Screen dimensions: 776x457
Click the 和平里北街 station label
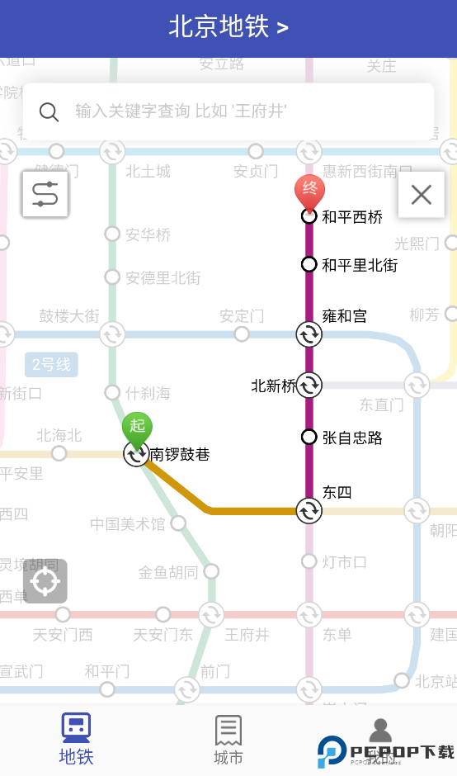[x=360, y=265]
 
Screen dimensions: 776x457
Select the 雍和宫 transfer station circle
[x=309, y=334]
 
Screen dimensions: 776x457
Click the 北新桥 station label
[x=273, y=386]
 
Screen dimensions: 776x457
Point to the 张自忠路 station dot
[x=309, y=437]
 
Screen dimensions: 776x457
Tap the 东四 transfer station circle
[x=309, y=510]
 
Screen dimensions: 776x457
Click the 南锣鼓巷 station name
[x=180, y=454]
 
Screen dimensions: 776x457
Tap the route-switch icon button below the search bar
[x=45, y=194]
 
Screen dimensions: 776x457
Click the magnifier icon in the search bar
[x=49, y=111]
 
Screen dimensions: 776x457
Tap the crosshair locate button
[x=45, y=581]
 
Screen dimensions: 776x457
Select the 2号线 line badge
[x=51, y=364]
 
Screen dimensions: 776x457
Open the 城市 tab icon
[x=228, y=730]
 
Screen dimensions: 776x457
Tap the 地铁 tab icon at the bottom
[x=76, y=728]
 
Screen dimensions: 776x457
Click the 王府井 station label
[x=247, y=635]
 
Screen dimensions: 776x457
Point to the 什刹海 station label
[x=148, y=393]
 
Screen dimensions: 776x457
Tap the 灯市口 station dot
[x=309, y=561]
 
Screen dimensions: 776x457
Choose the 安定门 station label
[x=242, y=316]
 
